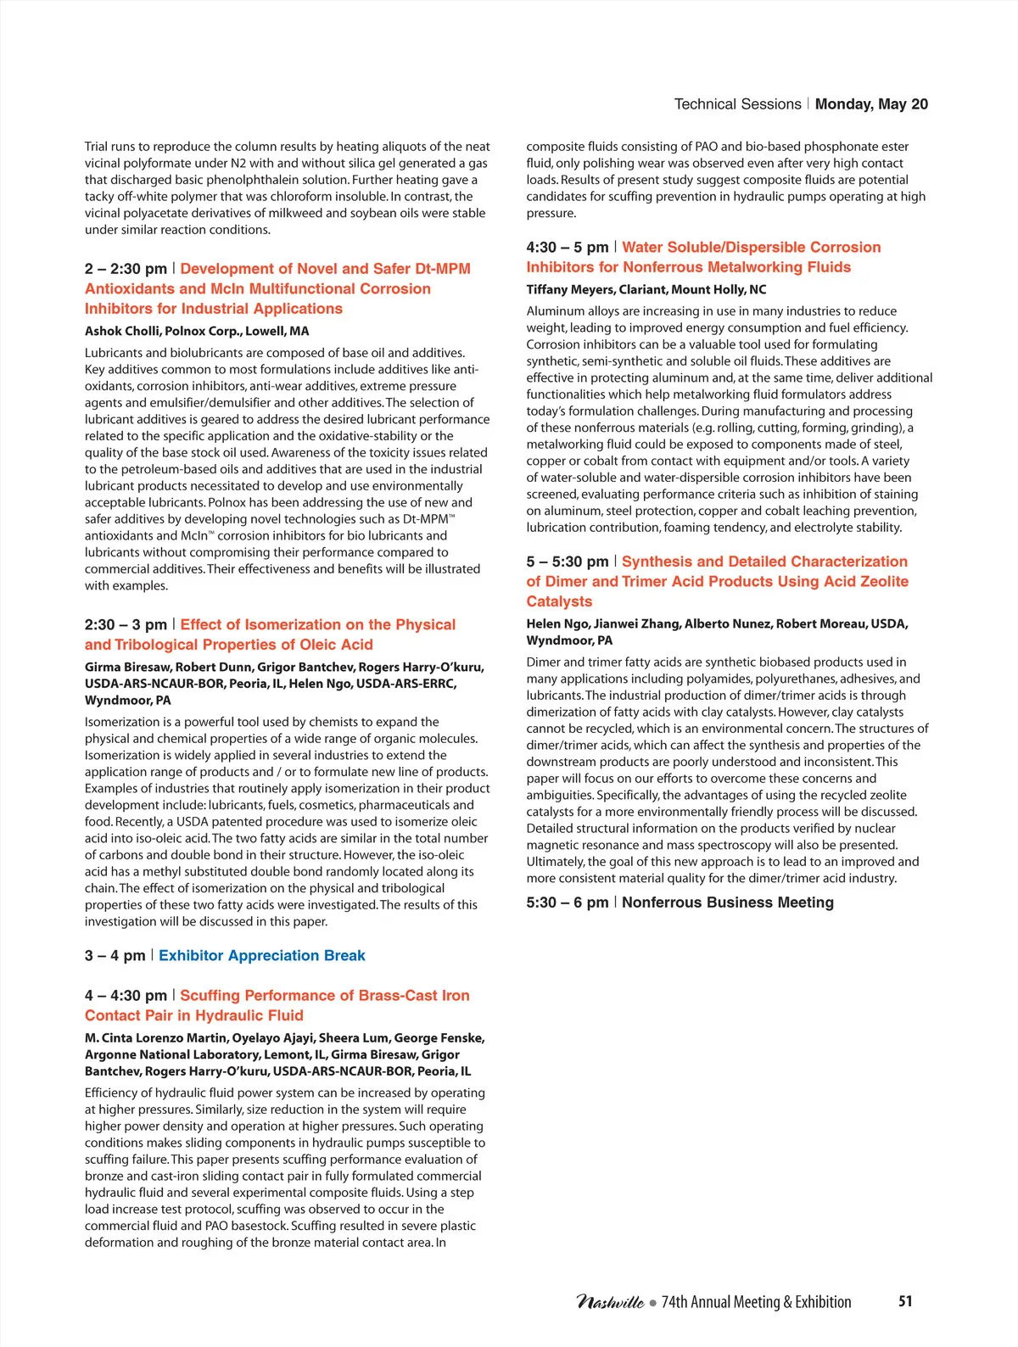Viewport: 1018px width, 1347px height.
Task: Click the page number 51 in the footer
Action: coord(905,1301)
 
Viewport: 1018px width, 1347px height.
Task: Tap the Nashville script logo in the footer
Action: coord(610,1302)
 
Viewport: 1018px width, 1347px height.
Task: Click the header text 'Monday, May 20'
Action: coord(871,104)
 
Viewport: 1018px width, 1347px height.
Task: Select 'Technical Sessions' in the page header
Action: coord(737,104)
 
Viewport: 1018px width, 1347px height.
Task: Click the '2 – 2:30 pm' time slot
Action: coord(126,269)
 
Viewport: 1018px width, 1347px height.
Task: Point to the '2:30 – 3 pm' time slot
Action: coord(126,625)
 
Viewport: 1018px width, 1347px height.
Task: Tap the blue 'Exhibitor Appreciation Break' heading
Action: coord(261,956)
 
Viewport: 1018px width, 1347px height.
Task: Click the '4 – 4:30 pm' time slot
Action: coord(126,996)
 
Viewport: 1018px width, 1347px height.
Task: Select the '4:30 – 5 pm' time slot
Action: coord(567,248)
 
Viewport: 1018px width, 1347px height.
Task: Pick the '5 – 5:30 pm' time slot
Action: coord(567,562)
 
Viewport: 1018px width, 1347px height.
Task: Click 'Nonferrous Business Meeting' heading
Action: coord(727,903)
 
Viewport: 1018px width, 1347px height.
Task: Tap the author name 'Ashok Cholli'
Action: coord(122,332)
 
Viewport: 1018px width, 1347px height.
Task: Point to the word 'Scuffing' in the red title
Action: coord(212,996)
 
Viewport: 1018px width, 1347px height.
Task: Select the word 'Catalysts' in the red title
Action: coord(559,601)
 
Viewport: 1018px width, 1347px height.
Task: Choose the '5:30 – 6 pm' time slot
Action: coord(567,903)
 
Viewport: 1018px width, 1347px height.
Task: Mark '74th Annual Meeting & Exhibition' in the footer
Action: coord(756,1302)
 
